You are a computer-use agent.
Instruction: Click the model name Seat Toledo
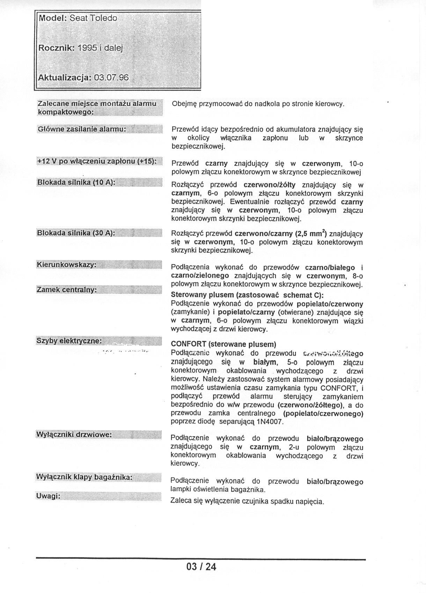[x=93, y=18]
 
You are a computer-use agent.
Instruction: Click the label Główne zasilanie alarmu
[x=81, y=129]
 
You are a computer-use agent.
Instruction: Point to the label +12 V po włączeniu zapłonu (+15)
[x=96, y=161]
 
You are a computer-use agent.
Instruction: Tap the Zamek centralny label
[x=66, y=290]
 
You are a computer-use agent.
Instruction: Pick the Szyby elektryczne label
[x=69, y=341]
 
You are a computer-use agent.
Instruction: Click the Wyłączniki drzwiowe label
[x=74, y=435]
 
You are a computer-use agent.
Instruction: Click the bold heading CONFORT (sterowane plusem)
[x=223, y=344]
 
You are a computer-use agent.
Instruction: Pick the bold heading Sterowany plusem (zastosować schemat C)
[x=247, y=295]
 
